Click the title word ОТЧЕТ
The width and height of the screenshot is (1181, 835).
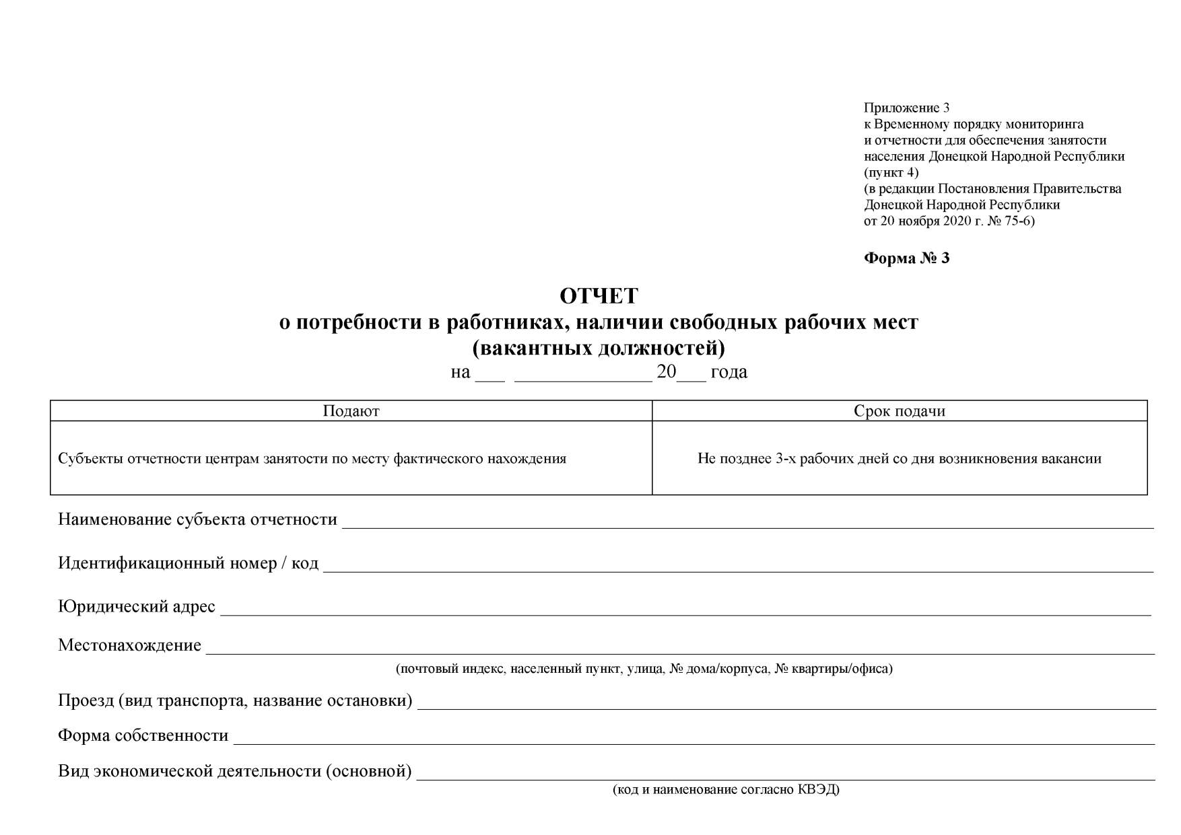[x=599, y=296]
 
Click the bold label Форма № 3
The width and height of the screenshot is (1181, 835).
[x=906, y=258]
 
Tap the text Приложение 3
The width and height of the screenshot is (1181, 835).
[x=906, y=108]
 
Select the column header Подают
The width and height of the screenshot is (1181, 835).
[x=351, y=411]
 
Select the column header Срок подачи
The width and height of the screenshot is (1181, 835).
[x=899, y=411]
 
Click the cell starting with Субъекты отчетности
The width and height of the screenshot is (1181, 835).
[x=312, y=459]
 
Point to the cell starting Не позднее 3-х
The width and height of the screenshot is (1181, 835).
[x=899, y=459]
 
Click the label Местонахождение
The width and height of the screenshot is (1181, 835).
[x=129, y=645]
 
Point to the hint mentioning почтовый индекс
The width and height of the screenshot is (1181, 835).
[x=644, y=669]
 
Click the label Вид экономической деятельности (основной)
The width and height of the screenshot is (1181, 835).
[x=234, y=771]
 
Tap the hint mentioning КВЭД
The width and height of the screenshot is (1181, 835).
[x=726, y=790]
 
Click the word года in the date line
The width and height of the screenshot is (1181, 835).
[x=729, y=372]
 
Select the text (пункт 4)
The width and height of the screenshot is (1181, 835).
[x=891, y=172]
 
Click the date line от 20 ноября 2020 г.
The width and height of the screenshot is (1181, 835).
[x=949, y=221]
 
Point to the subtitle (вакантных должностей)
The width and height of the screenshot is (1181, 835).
[x=599, y=349]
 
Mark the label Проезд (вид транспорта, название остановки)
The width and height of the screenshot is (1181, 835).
[x=235, y=700]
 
